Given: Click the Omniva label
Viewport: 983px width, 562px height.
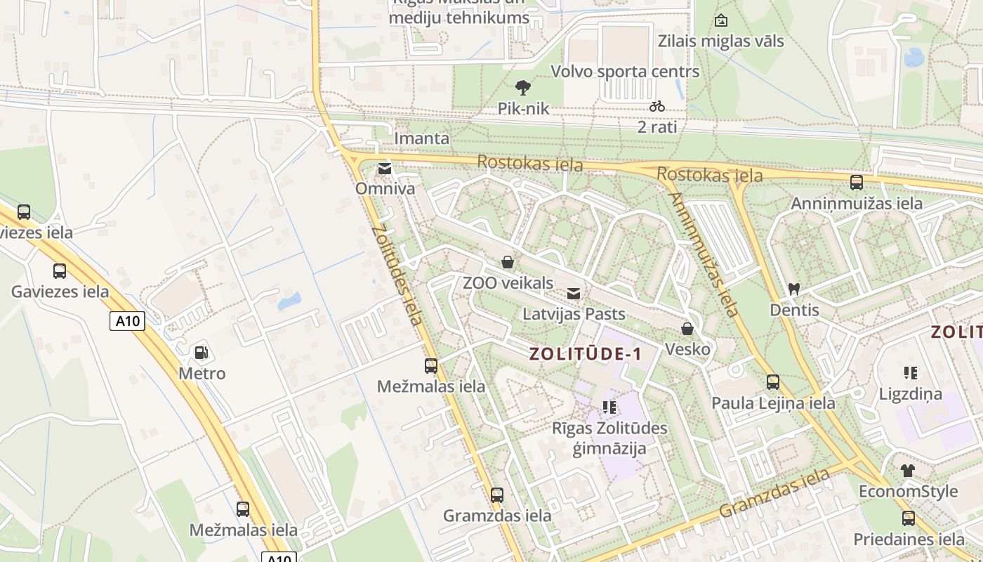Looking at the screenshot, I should pos(385,188).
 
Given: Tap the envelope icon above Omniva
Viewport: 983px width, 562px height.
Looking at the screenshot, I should pos(385,169).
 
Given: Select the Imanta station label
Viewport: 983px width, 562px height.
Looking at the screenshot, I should pos(421,138).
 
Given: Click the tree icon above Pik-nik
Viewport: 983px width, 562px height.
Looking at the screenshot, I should pos(522,88).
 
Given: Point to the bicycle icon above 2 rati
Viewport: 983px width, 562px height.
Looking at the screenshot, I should pos(657,106).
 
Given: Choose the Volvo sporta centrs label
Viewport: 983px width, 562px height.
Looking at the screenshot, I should pos(625,72).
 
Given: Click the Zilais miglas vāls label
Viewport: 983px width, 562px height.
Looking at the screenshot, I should pos(720,41).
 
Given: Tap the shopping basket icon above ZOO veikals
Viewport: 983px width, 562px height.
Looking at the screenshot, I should pos(508,263).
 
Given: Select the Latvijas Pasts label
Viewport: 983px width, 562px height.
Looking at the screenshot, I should pos(574,313).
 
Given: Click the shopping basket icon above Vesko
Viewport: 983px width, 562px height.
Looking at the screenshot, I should pos(687,329).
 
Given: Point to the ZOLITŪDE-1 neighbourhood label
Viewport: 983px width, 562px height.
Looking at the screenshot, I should pos(585,353).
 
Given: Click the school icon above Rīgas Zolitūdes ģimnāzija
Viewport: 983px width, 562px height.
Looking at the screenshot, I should pos(609,407).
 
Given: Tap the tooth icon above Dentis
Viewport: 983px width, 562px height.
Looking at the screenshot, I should pos(794,289).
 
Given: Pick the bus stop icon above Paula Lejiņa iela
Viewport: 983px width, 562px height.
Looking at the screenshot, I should pos(773,382).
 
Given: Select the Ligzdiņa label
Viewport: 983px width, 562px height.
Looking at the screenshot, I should pos(910,394).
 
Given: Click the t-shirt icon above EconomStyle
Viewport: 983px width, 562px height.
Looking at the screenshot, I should pos(908,471).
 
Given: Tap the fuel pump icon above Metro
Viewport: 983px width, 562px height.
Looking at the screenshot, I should pos(202,352).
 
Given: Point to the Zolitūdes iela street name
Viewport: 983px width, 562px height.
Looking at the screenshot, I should pos(397,275).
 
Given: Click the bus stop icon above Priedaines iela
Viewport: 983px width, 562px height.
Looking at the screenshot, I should pos(909,518).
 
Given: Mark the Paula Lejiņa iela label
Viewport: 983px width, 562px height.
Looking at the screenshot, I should pos(773,403).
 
